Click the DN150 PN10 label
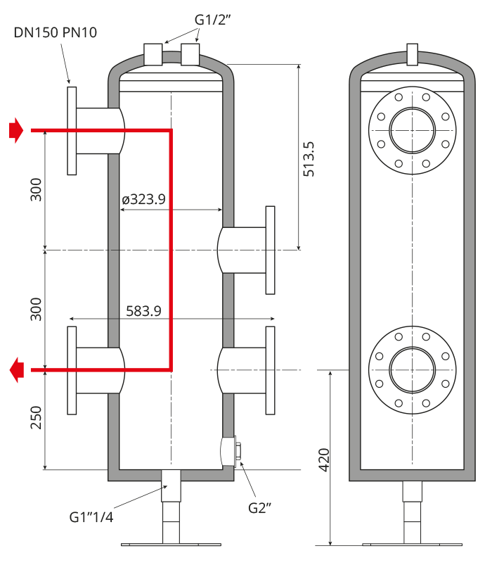[x=55, y=32]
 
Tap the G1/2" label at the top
[x=212, y=20]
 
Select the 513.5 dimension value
[x=309, y=159]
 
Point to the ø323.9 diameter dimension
[x=143, y=199]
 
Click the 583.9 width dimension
[x=143, y=311]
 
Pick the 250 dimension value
[x=36, y=418]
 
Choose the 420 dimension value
[x=324, y=460]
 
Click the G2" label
[x=259, y=508]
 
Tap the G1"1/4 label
[x=91, y=517]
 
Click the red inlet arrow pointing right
[x=16, y=130]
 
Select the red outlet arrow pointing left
[x=17, y=370]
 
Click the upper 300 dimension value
[x=36, y=189]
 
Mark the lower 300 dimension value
[x=36, y=309]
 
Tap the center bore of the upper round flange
[x=413, y=130]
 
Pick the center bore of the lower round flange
[x=413, y=370]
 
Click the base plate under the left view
[x=171, y=545]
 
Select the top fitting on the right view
[x=413, y=54]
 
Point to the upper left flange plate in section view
[x=72, y=131]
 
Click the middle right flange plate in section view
[x=271, y=250]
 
